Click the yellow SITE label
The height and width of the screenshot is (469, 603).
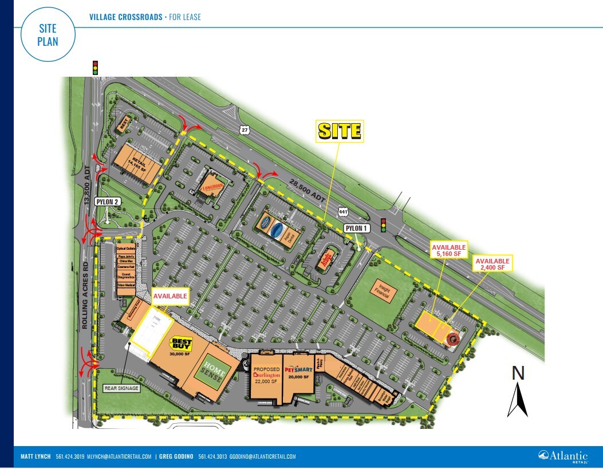(x=340, y=131)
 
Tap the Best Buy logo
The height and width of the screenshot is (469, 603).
(x=180, y=345)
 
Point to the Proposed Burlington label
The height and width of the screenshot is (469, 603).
(x=267, y=375)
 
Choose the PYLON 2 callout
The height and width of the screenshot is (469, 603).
(x=108, y=202)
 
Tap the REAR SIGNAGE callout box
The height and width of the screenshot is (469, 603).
(x=121, y=388)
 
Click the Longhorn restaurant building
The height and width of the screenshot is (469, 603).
(x=212, y=187)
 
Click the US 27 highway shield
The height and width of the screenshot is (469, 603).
(x=245, y=131)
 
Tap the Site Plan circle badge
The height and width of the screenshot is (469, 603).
(x=48, y=35)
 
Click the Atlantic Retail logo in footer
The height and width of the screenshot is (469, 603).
(x=563, y=456)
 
